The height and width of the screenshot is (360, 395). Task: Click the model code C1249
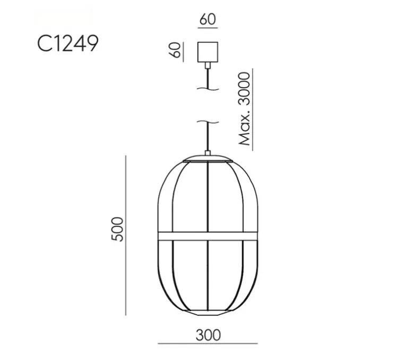point(67,44)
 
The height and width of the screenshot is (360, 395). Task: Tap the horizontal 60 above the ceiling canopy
point(208,20)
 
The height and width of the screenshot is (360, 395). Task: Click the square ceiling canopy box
point(208,52)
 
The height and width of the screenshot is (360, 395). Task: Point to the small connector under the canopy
point(208,65)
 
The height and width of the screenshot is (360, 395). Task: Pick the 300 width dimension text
point(208,335)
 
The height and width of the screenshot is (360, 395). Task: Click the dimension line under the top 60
point(208,29)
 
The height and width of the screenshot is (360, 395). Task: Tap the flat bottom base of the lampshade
point(208,312)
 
